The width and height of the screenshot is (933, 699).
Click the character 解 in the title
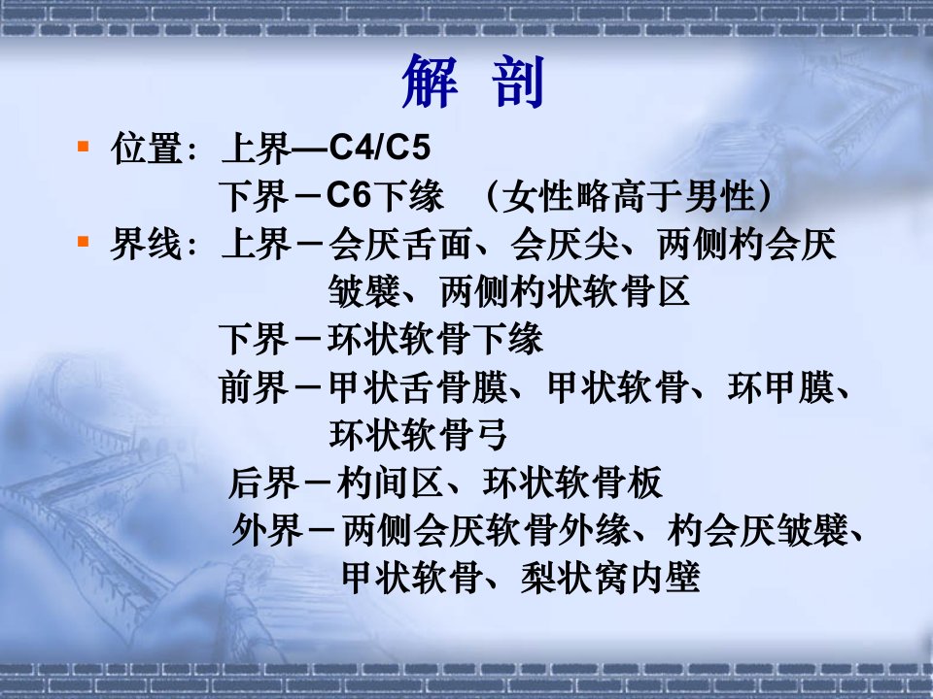click(x=431, y=82)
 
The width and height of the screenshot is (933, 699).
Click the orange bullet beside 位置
click(x=84, y=145)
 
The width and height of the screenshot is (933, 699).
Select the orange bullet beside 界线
click(x=84, y=242)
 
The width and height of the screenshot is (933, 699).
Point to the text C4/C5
click(x=379, y=147)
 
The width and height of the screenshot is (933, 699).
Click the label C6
click(x=349, y=195)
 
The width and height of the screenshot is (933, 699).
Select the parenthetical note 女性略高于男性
click(x=629, y=196)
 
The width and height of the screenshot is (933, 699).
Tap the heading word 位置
click(x=147, y=148)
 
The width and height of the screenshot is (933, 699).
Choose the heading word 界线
click(x=147, y=245)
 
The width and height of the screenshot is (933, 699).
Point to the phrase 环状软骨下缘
click(x=435, y=340)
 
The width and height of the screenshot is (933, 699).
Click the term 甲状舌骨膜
click(x=418, y=387)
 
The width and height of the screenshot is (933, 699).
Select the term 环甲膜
click(x=780, y=387)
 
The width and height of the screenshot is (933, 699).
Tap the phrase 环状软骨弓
click(x=418, y=435)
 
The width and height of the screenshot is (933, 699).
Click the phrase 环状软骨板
click(x=572, y=483)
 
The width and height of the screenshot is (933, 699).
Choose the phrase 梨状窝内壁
click(x=610, y=577)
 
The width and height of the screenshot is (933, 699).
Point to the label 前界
click(x=254, y=387)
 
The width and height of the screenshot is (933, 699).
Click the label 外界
click(x=267, y=530)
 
